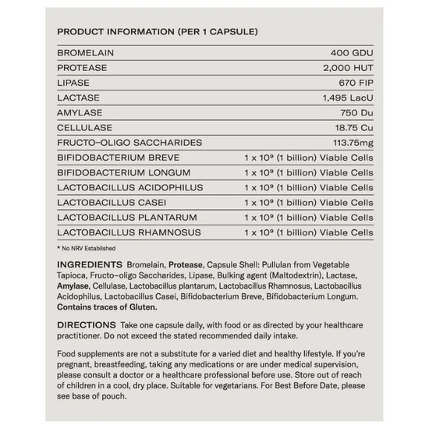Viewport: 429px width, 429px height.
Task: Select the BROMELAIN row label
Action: [x=85, y=53]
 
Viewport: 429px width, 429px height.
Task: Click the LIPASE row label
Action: [x=75, y=83]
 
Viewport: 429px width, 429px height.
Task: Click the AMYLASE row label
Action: [x=80, y=112]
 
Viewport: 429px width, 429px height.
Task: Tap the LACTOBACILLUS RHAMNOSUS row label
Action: [x=129, y=232]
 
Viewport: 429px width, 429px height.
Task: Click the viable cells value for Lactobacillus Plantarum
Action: [x=309, y=218]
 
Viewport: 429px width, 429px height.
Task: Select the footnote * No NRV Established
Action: [x=86, y=248]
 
